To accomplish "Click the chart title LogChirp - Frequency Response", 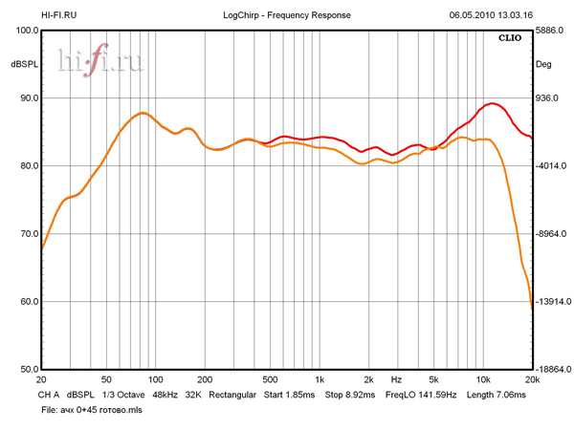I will (287, 15).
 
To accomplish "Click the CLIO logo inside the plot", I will (510, 39).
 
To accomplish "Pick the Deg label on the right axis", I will (543, 65).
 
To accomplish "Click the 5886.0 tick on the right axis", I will (551, 31).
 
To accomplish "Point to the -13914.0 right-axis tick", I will (553, 302).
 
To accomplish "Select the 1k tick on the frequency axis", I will (320, 379).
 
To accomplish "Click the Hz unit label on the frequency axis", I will (395, 379).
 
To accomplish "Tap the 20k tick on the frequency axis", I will (532, 379).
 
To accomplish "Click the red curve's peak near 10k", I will (492, 103).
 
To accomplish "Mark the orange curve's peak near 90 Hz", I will (142, 113).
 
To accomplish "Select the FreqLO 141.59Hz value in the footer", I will (420, 394).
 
